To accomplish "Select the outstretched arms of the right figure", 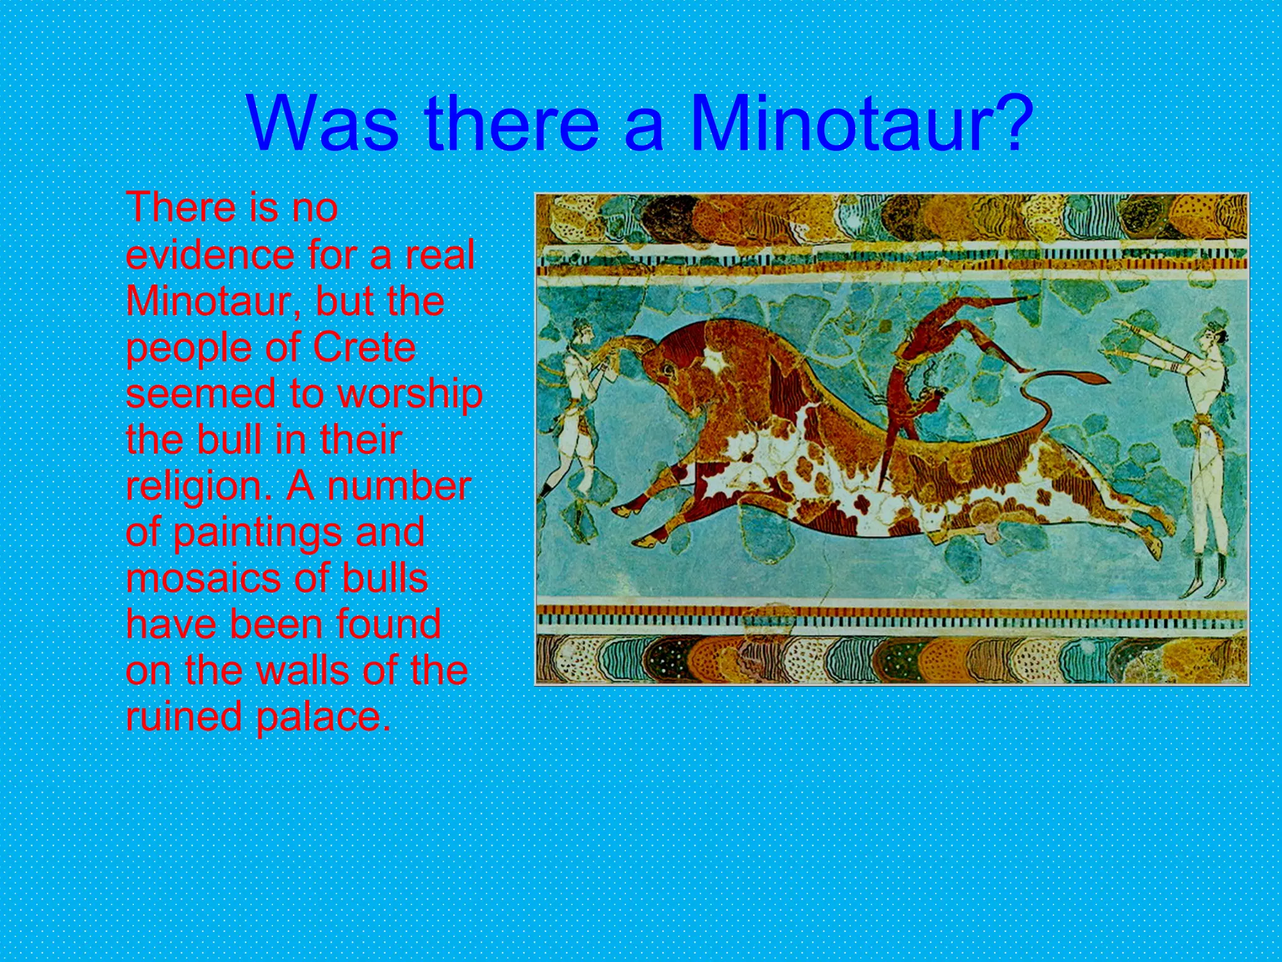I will (x=1158, y=351).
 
